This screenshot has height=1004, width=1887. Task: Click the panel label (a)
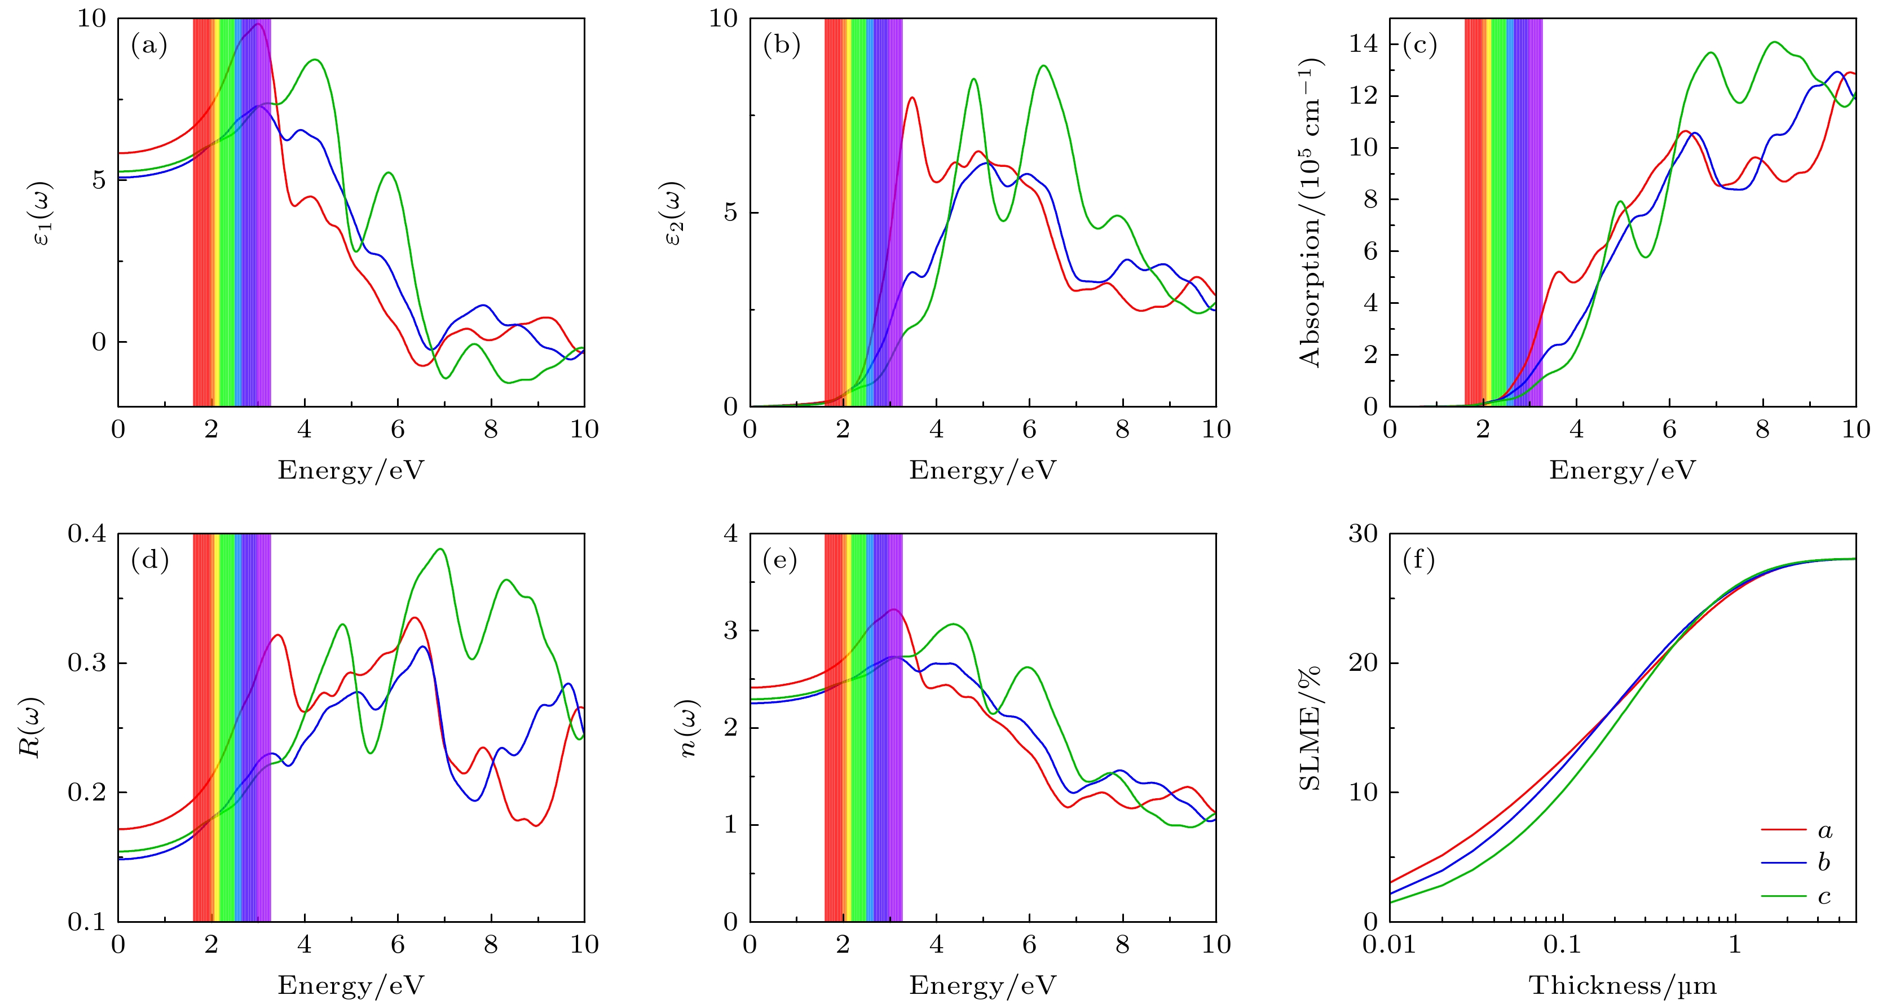149,46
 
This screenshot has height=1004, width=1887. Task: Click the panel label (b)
781,46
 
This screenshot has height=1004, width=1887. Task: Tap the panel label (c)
1419,46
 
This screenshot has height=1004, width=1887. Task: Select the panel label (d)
149,561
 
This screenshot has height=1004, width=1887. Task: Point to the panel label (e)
779,561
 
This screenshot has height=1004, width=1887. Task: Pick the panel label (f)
1418,561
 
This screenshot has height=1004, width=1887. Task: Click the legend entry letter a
1825,830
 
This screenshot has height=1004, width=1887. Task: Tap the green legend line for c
1783,896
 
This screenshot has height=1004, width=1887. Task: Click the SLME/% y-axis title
1309,728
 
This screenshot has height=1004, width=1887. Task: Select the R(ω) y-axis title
32,727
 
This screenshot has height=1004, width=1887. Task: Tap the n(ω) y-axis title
689,728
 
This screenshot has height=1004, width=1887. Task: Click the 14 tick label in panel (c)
1363,44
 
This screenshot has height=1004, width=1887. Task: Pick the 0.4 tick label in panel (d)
86,533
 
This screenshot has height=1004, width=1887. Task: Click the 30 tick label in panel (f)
1363,533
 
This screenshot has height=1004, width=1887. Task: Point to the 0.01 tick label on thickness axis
1390,945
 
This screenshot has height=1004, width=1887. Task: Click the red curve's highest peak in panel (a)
258,24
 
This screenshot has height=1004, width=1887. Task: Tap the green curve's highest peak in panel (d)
440,549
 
